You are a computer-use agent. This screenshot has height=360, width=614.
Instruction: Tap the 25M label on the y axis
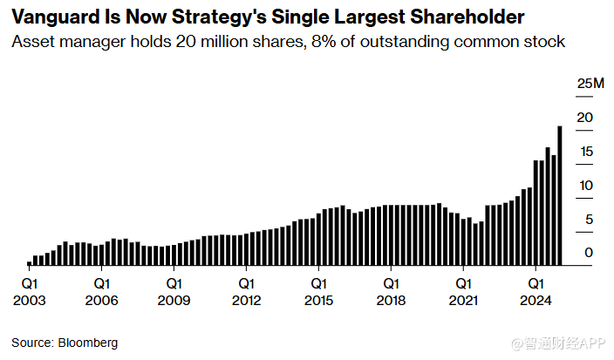pos(590,84)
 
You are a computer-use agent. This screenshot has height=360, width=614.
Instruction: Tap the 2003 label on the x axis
pos(29,301)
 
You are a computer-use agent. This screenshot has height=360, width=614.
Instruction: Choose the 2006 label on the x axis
pos(101,301)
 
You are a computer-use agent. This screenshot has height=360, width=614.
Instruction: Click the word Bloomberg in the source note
pos(87,343)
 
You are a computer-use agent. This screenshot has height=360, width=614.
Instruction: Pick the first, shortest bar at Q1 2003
pos(29,262)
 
